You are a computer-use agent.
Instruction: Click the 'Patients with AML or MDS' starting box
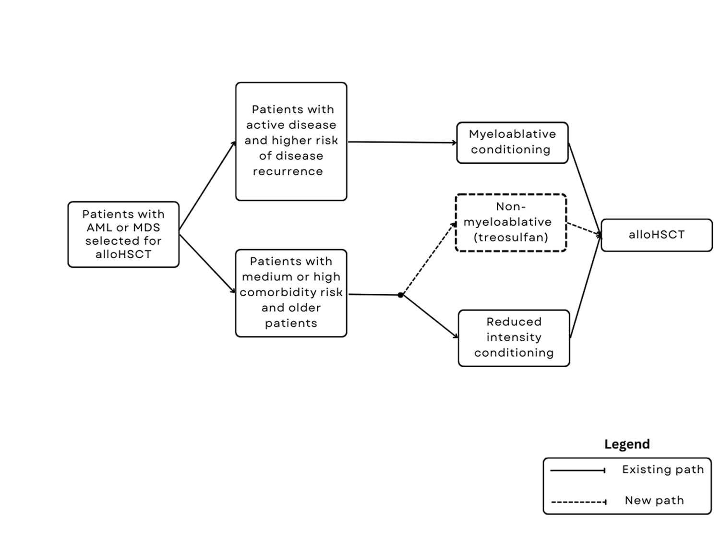click(123, 234)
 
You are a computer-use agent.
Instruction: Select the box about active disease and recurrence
click(291, 141)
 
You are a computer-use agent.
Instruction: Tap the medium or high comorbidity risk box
click(291, 293)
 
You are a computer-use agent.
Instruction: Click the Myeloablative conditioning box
click(512, 143)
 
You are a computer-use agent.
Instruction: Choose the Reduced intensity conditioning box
click(514, 338)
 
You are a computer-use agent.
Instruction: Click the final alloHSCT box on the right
click(656, 235)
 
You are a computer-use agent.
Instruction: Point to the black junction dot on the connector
click(400, 295)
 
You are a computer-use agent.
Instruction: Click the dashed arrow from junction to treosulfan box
click(429, 259)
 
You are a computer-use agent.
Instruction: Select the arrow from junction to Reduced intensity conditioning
click(430, 317)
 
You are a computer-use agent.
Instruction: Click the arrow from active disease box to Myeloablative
click(402, 142)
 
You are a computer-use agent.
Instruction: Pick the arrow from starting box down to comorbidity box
click(207, 264)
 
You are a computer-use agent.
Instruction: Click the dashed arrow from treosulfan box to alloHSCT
click(584, 229)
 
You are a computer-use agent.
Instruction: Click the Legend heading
click(627, 444)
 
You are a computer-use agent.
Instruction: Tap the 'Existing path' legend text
click(662, 469)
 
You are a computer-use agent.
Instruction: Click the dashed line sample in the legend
click(578, 502)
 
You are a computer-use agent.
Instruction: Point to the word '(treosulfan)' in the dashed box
click(511, 237)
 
